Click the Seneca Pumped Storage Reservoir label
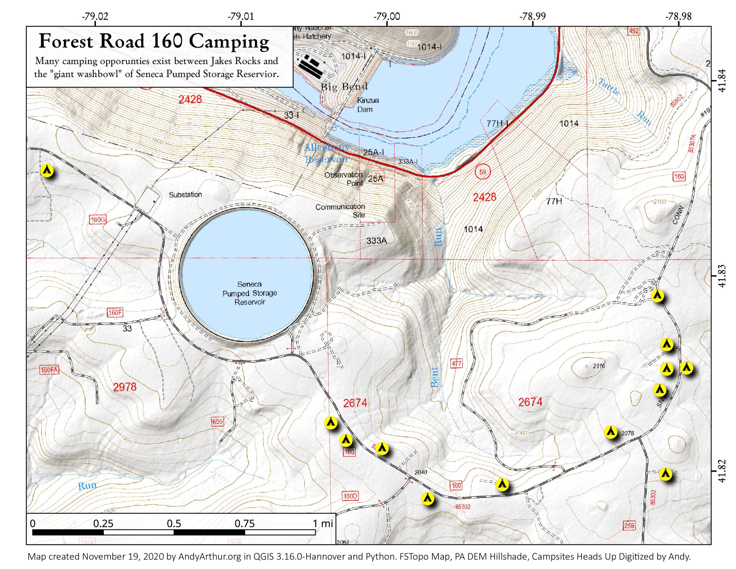tap(250, 293)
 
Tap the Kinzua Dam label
tap(368, 105)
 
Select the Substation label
tap(185, 195)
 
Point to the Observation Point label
tap(343, 179)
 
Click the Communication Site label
tap(340, 210)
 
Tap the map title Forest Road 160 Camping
tap(154, 41)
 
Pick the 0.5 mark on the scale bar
tap(174, 523)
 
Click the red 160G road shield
tap(97, 220)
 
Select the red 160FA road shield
tap(49, 370)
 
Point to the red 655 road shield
tap(217, 422)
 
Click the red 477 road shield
tap(456, 363)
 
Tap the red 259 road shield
tap(629, 525)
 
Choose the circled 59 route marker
tap(482, 172)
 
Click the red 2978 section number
tap(125, 387)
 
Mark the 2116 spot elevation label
tap(598, 366)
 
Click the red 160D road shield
tap(350, 496)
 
